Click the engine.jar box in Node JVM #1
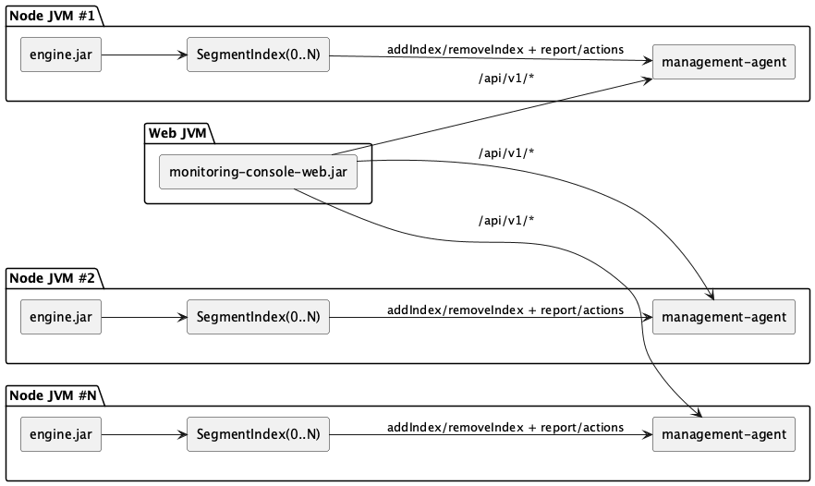[x=61, y=55]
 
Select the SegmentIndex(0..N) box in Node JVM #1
[x=258, y=55]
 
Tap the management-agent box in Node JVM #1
[x=724, y=63]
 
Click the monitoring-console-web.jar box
[x=258, y=172]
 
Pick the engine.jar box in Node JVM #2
[x=61, y=317]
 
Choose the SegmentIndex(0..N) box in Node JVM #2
[x=258, y=317]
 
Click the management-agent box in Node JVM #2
[x=724, y=317]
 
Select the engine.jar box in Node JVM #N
[x=61, y=434]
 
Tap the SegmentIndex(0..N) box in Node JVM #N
[x=258, y=434]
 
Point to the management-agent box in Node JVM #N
[x=724, y=434]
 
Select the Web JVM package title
[x=178, y=133]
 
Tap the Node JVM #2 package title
[x=53, y=277]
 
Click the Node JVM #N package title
[x=53, y=395]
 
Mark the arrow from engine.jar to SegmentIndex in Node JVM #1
[x=143, y=55]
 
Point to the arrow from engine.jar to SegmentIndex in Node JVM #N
[x=143, y=434]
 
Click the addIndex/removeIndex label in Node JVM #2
[x=505, y=310]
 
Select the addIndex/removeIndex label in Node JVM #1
[x=505, y=49]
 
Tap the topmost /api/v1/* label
[x=506, y=78]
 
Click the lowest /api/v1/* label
[x=506, y=220]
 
